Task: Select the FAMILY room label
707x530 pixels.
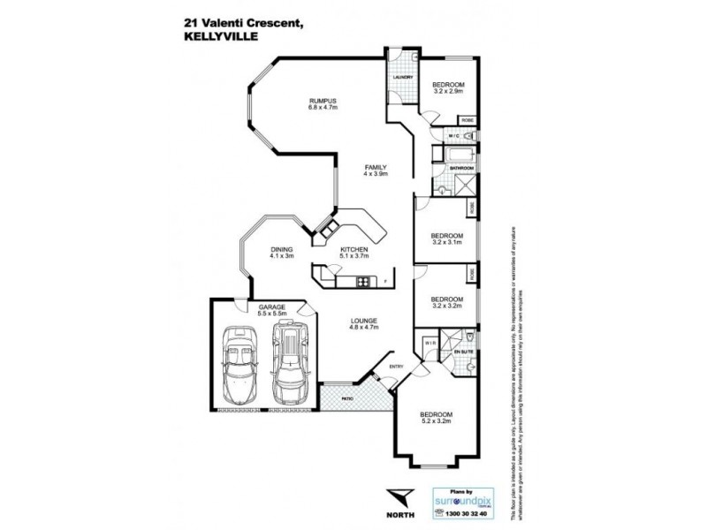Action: coord(376,168)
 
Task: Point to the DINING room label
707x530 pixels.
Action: coord(282,250)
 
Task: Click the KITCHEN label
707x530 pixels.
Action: coord(353,250)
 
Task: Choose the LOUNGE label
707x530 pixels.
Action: coord(363,321)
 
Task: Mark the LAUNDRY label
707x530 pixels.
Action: coord(402,76)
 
